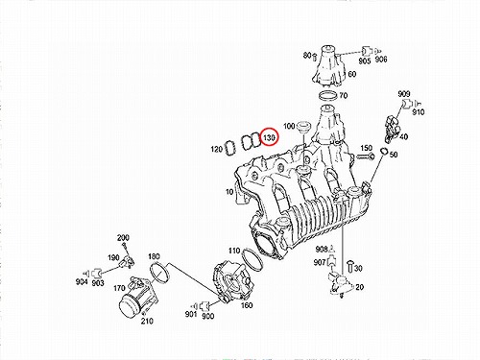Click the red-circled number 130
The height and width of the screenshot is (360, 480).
click(269, 137)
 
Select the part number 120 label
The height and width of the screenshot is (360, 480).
click(217, 149)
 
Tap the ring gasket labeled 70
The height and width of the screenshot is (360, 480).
click(328, 95)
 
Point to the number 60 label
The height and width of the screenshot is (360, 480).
click(351, 74)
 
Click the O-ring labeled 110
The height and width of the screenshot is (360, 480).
click(252, 259)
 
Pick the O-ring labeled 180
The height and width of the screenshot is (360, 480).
click(159, 273)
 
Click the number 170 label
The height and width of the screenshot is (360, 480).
click(119, 288)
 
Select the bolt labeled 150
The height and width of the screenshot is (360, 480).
click(366, 156)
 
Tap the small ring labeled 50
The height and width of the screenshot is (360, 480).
click(384, 151)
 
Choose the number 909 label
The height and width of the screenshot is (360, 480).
click(404, 94)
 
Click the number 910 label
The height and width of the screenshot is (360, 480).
click(419, 112)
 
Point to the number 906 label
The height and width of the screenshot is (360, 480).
click(381, 60)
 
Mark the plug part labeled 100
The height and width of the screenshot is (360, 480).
click(302, 127)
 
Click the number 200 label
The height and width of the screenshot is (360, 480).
click(123, 238)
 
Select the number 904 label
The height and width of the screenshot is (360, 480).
click(82, 281)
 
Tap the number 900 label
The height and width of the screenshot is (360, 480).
click(208, 316)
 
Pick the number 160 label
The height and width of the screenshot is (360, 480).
click(247, 305)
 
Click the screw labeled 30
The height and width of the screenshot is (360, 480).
click(350, 266)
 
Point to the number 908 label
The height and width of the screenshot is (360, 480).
click(322, 249)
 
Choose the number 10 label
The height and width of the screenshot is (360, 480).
click(229, 192)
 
